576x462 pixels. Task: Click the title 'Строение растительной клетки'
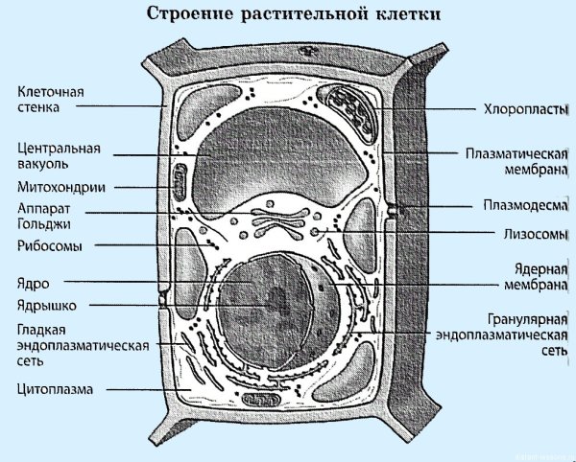288,16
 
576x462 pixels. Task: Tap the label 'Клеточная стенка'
52,100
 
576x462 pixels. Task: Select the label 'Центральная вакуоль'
59,158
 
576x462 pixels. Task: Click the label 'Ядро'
33,283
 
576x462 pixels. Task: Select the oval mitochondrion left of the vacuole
180,182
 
